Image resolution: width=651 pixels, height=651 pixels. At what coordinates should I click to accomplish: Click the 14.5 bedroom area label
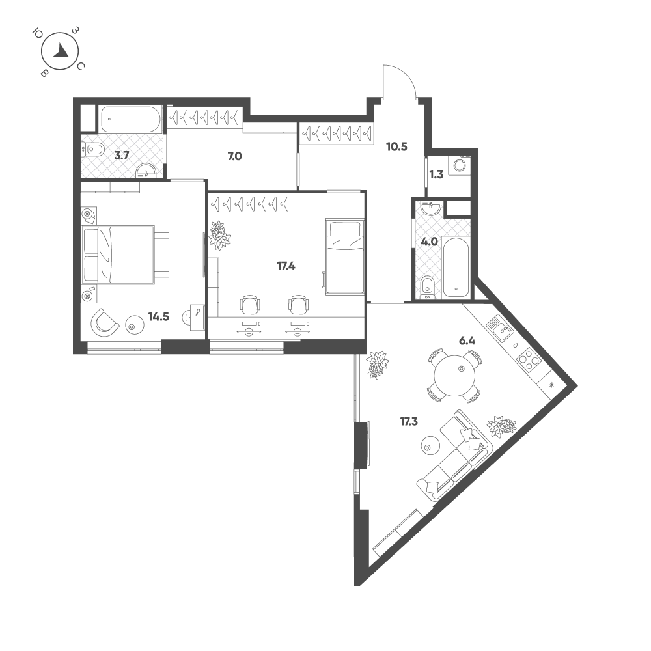coord(159,317)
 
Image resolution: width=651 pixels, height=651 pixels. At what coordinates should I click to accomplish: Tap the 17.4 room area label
coord(286,266)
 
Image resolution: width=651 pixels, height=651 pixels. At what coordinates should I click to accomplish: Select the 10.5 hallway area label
coord(396,147)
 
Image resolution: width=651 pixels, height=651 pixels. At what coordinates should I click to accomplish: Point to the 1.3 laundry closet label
coord(436,174)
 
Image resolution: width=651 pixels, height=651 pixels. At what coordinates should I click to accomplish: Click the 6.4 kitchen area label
coord(467,341)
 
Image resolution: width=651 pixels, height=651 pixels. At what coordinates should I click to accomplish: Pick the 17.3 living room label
coord(409,422)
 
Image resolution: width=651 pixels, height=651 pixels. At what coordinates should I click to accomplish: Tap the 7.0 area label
coord(234,156)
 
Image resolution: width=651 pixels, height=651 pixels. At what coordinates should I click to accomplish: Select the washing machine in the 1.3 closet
coord(460,165)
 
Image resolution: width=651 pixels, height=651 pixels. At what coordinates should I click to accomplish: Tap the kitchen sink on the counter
coord(501,328)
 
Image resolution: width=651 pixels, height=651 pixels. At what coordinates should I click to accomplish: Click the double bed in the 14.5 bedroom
coord(126,255)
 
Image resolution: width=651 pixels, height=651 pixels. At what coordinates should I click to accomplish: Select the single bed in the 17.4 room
coord(344,256)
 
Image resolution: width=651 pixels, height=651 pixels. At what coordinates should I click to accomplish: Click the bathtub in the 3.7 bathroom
coord(130,119)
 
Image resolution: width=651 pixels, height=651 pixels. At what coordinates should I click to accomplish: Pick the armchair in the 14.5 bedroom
coord(105,323)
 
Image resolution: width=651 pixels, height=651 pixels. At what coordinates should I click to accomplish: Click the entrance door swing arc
coord(400,81)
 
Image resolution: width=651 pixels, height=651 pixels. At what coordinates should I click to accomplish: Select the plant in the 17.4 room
coord(219,236)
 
